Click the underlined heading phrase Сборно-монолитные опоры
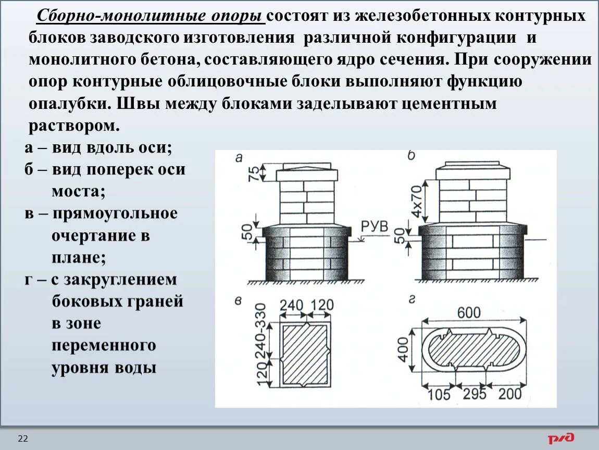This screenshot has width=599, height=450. point(150,16)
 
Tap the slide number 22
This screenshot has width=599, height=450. point(23,439)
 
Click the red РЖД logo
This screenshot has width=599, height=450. point(560,438)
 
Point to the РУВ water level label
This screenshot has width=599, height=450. point(375,227)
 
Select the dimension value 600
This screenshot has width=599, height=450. point(469,312)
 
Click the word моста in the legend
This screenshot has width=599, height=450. point(78,191)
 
